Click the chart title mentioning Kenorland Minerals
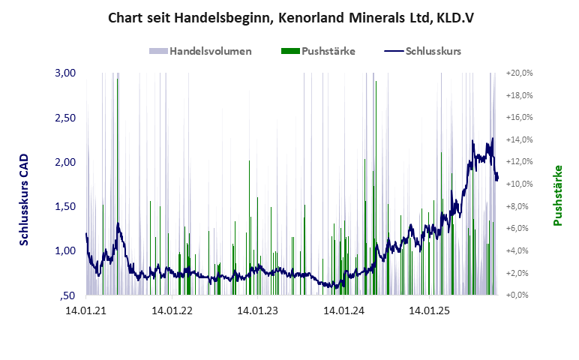(290, 16)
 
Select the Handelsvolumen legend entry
(200, 52)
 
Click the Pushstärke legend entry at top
(318, 52)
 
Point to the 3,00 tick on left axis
(66, 73)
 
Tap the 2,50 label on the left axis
(66, 118)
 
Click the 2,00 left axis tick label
(66, 162)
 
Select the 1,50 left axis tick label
(66, 206)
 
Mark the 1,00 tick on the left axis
(66, 250)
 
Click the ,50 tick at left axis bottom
(68, 295)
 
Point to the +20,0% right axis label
(519, 73)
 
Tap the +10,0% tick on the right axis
(519, 184)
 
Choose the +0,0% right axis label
(520, 295)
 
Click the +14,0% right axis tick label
(519, 140)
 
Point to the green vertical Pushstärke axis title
(558, 196)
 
